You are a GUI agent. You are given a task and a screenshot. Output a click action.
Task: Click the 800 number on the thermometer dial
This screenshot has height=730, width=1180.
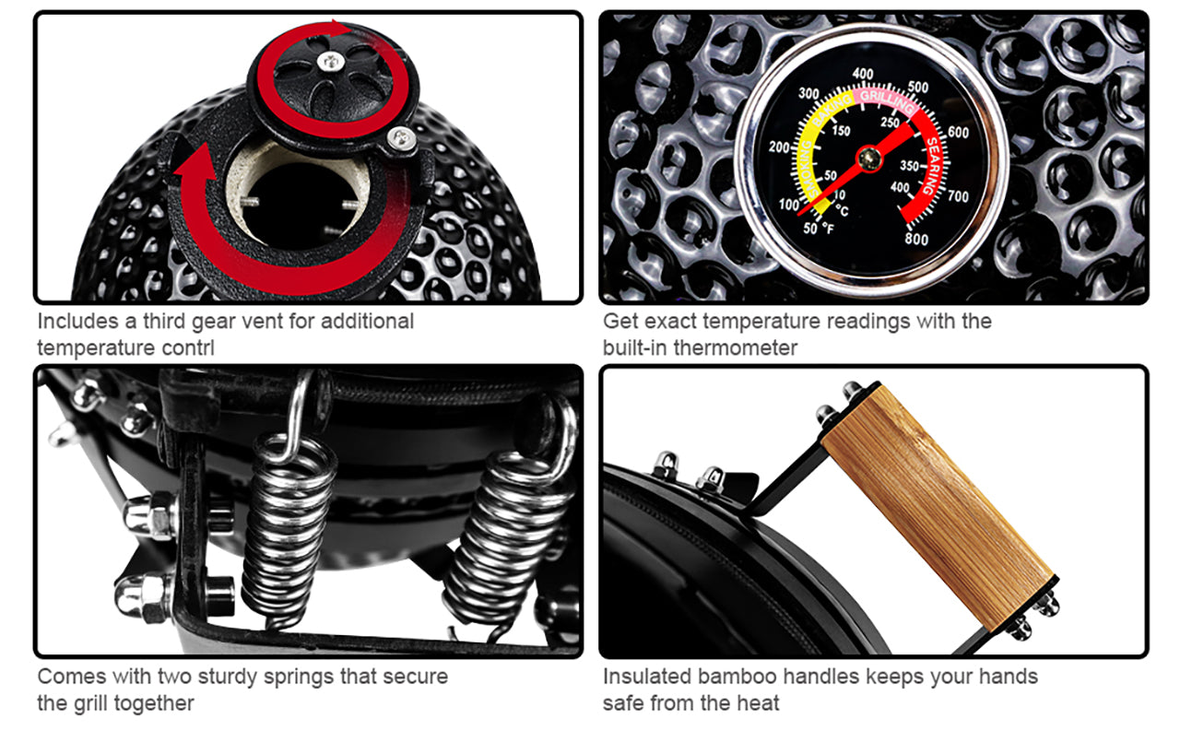(916, 239)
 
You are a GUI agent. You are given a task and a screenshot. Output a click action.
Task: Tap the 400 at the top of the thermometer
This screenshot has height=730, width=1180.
(862, 74)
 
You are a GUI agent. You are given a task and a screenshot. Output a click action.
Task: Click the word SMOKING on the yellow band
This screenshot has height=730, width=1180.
(808, 169)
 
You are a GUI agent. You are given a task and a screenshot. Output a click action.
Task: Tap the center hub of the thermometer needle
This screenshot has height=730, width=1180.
(869, 158)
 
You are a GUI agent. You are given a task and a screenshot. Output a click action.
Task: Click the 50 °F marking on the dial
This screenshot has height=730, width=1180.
(819, 229)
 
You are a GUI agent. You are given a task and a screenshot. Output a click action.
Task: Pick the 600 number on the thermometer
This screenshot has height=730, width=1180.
(958, 132)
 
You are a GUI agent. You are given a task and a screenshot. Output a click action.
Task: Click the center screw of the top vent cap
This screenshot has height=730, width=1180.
(331, 62)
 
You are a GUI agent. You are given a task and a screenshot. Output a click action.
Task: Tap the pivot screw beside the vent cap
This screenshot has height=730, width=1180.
(401, 138)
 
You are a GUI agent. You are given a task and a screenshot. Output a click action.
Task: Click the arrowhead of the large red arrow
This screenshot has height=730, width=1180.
(194, 160)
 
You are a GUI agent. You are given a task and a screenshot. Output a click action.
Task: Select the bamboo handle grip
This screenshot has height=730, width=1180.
(938, 507)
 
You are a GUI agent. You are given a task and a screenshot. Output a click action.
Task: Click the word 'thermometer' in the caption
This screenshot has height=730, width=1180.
(736, 348)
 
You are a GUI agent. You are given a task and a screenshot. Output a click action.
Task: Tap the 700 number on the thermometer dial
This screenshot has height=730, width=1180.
(958, 196)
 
